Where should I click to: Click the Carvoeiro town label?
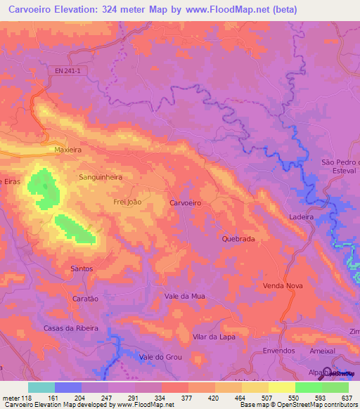click(x=186, y=202)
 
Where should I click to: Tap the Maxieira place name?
click(x=68, y=150)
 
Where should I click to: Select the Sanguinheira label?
click(x=101, y=178)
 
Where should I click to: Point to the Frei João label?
click(x=128, y=202)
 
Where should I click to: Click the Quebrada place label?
click(x=238, y=239)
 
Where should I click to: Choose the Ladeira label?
click(x=300, y=217)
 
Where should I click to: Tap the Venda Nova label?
click(x=282, y=286)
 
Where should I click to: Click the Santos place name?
click(x=82, y=268)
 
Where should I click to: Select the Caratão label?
click(x=85, y=298)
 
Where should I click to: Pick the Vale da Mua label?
click(x=184, y=297)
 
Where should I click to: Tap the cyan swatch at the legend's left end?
click(x=41, y=387)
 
